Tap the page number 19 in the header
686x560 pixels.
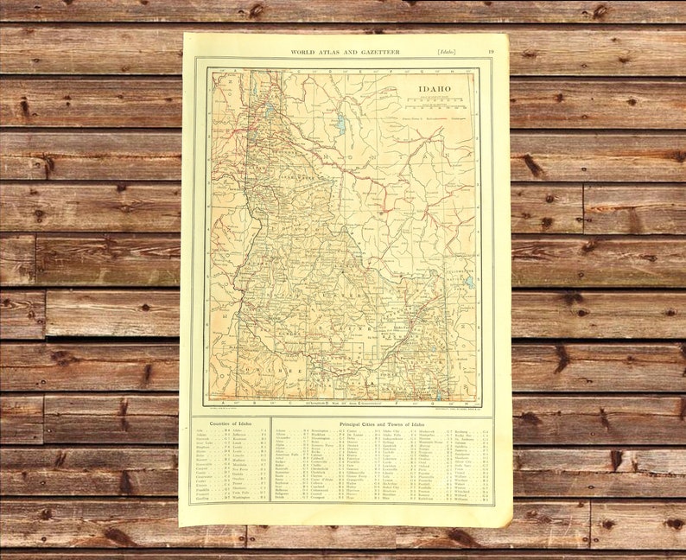pyautogui.click(x=491, y=52)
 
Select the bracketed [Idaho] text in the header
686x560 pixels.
pyautogui.click(x=449, y=52)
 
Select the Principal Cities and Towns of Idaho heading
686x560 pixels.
pyautogui.click(x=381, y=424)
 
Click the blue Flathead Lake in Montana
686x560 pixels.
pyautogui.click(x=340, y=124)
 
